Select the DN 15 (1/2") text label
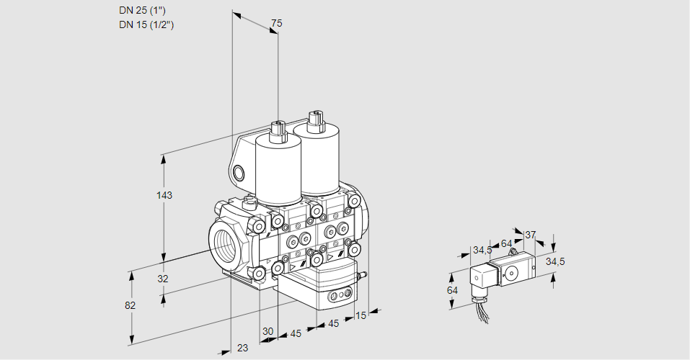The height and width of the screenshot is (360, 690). point(147,24)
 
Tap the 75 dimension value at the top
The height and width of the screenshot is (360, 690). point(275,24)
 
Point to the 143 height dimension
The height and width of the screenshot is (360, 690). point(166,195)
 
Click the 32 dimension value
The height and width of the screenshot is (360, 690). point(163,279)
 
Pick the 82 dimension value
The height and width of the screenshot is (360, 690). point(130,305)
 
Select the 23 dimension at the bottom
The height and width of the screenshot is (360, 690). point(242,348)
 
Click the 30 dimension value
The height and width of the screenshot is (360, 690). point(267,331)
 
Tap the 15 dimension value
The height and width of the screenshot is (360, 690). point(361,315)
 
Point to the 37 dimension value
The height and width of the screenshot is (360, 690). point(531,235)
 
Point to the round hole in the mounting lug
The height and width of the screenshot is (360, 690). point(239,173)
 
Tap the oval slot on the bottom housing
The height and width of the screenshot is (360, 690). point(337,295)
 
